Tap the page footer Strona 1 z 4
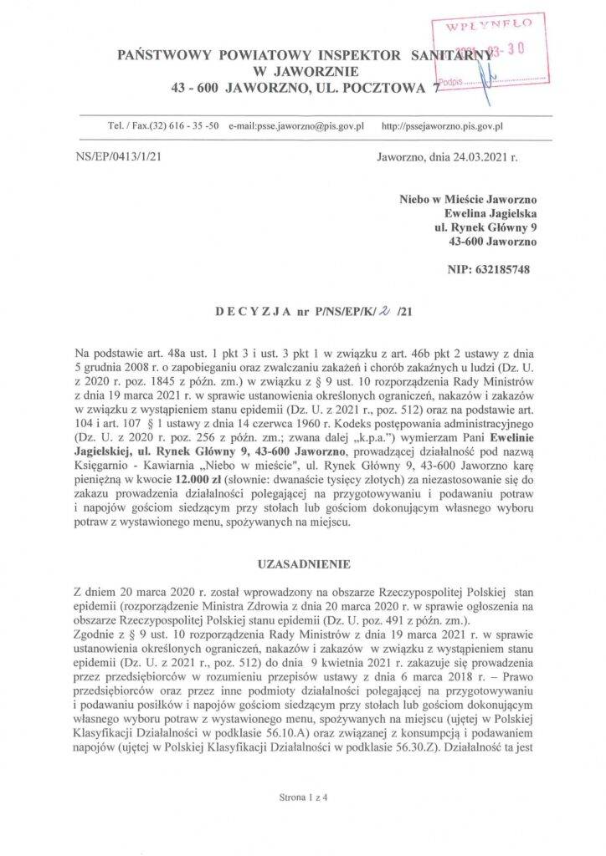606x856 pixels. pyautogui.click(x=302, y=797)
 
